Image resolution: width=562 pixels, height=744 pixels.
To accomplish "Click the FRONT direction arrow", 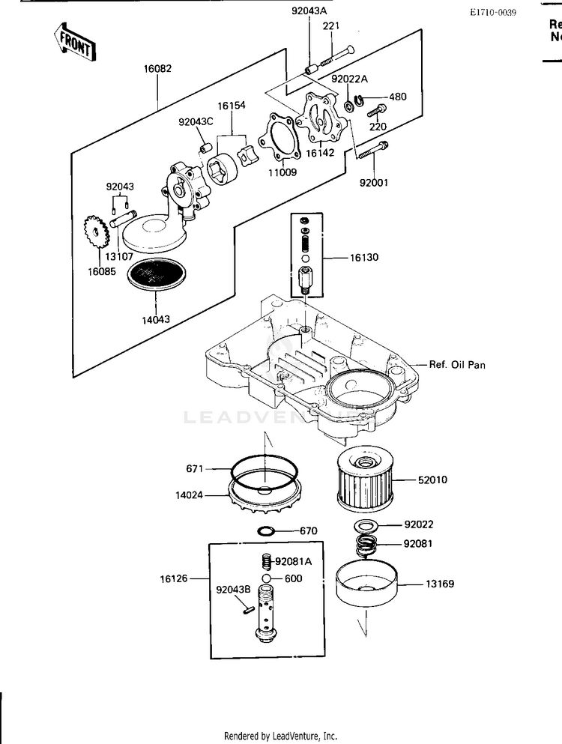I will [74, 41].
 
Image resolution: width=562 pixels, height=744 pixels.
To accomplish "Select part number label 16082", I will [157, 68].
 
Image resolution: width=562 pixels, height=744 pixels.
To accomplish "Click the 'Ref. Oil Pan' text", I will [457, 365].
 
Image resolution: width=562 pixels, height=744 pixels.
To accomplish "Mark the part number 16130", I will [364, 257].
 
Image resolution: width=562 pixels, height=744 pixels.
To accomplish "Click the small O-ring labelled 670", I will [265, 531].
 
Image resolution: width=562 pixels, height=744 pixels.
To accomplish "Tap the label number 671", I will [195, 468].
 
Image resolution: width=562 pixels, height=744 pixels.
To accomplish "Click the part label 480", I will [398, 97].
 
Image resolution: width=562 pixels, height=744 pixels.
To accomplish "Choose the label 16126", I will [173, 578].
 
